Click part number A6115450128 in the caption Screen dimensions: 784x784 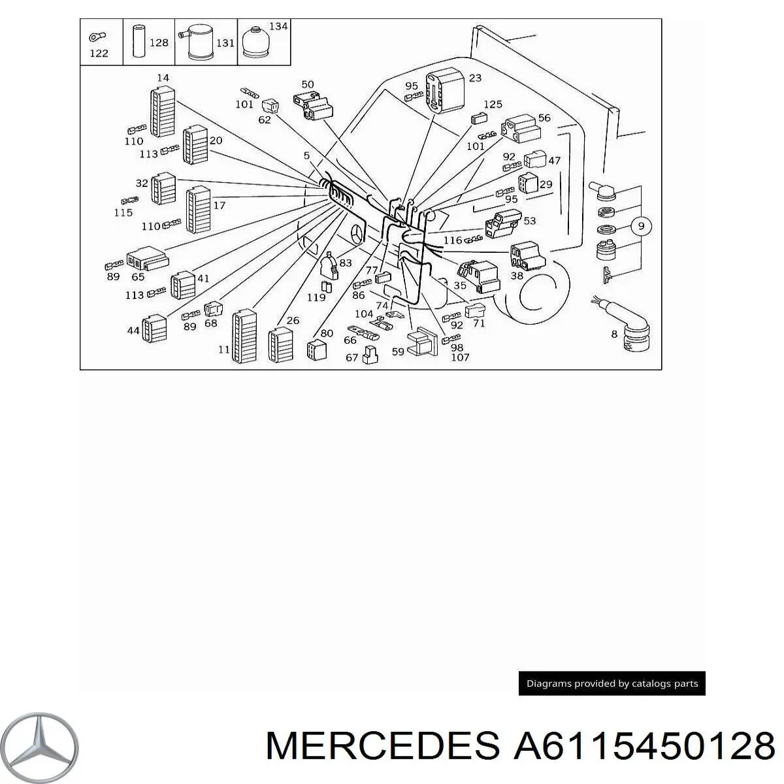tap(644, 745)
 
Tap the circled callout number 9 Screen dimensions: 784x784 tap(641, 226)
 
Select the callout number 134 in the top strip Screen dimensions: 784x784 tap(278, 26)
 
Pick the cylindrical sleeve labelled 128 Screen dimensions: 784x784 tap(138, 42)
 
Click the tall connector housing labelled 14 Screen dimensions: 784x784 tap(162, 112)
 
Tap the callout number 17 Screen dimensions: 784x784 tap(220, 204)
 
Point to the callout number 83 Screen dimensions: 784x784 tap(345, 263)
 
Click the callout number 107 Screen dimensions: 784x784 tap(460, 357)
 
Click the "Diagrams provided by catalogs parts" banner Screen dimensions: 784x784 tap(612, 684)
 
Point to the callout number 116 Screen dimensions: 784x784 tap(453, 241)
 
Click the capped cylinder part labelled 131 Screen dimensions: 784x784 tap(198, 44)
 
